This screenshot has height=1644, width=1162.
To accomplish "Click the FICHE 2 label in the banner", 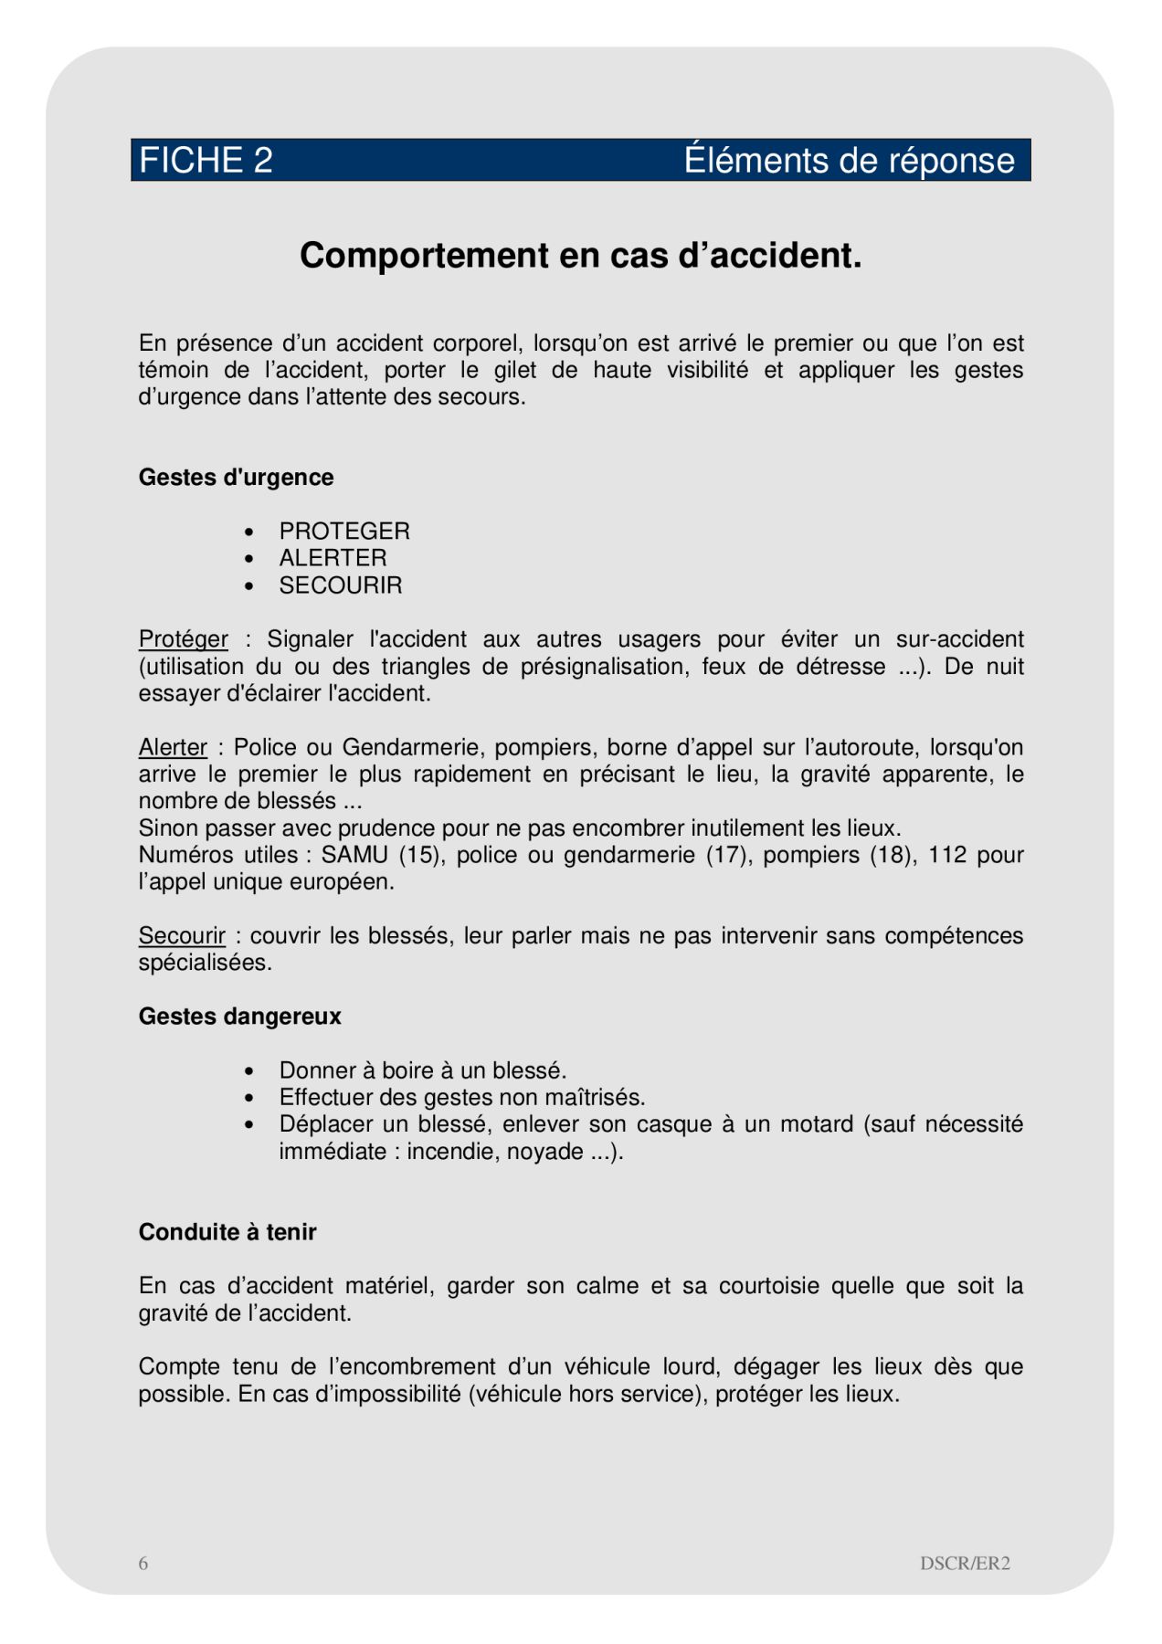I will pyautogui.click(x=206, y=161).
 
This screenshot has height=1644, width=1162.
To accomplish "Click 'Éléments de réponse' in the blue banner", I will pyautogui.click(x=849, y=161).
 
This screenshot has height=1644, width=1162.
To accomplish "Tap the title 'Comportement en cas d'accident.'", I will pyautogui.click(x=580, y=256).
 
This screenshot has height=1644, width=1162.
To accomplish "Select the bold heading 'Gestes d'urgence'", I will pyautogui.click(x=236, y=478).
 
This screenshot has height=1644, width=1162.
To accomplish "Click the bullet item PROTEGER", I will pyautogui.click(x=344, y=532).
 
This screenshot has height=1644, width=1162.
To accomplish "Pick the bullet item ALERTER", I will pyautogui.click(x=333, y=558).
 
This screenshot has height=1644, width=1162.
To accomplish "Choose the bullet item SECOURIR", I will pyautogui.click(x=340, y=585).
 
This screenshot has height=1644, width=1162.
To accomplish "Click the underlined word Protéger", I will pyautogui.click(x=183, y=639).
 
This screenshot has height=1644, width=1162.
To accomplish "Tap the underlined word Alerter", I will pyautogui.click(x=173, y=748).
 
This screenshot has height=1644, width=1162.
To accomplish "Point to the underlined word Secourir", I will pyautogui.click(x=182, y=936).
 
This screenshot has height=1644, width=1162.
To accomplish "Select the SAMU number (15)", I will pyautogui.click(x=420, y=856).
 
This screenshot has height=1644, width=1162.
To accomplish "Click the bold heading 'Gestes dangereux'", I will pyautogui.click(x=239, y=1017).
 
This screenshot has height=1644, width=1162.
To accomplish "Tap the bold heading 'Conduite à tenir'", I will pyautogui.click(x=227, y=1233).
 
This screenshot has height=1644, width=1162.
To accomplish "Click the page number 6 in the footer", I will pyautogui.click(x=143, y=1564).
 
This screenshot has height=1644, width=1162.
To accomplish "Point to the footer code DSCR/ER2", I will pyautogui.click(x=965, y=1564).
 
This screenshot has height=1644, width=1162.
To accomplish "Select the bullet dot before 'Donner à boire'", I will pyautogui.click(x=249, y=1071).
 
